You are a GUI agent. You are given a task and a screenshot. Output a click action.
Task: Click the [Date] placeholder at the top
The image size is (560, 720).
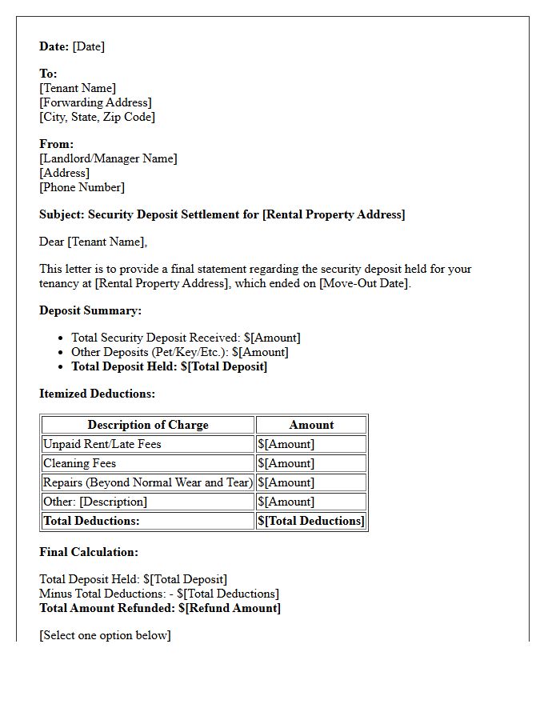(x=88, y=46)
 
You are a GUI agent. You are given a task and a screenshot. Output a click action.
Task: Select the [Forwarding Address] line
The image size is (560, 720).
(x=95, y=102)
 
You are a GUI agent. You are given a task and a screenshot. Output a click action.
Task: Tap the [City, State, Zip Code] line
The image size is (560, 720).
(x=97, y=117)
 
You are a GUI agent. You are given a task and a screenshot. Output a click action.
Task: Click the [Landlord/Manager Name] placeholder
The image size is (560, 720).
(x=108, y=158)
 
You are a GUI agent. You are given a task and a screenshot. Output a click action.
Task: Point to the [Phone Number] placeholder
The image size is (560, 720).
(x=82, y=187)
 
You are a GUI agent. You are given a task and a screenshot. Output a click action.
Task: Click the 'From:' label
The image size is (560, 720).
(x=56, y=144)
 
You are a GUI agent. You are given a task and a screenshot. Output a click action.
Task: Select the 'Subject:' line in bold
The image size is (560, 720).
(x=222, y=214)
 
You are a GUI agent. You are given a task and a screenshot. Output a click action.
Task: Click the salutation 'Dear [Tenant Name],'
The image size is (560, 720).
(x=93, y=242)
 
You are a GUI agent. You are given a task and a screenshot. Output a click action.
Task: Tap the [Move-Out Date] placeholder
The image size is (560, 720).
(x=364, y=283)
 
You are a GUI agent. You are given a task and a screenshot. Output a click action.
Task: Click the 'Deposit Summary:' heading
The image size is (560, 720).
(x=90, y=310)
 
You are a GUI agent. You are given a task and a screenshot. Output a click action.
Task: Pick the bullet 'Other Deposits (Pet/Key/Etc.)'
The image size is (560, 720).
(x=179, y=352)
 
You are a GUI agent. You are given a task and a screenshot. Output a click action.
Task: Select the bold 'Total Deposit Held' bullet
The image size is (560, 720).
(x=169, y=366)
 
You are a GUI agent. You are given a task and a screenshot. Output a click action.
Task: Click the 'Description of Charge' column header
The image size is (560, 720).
(x=148, y=425)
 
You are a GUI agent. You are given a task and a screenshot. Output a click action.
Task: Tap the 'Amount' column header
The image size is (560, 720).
(x=311, y=425)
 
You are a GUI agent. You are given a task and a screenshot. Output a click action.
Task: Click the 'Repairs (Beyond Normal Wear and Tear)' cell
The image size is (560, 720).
(x=148, y=482)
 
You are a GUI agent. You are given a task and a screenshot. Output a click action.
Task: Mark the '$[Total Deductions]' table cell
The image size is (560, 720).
(x=310, y=521)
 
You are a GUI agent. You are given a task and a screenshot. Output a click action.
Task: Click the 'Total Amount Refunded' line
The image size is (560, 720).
(x=160, y=608)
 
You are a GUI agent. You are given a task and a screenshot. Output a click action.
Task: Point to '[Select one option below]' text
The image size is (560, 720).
(x=105, y=635)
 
